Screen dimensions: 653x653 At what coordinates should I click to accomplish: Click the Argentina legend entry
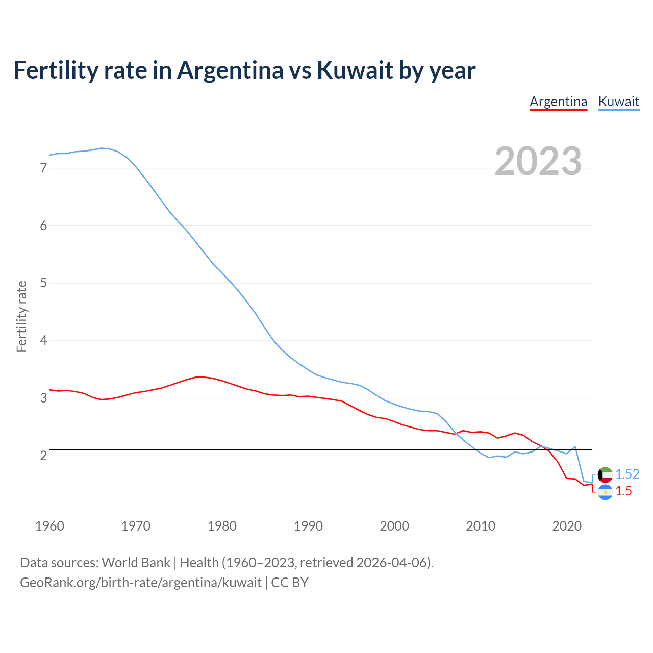click(x=558, y=102)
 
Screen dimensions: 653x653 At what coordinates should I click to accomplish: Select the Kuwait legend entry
click(x=618, y=102)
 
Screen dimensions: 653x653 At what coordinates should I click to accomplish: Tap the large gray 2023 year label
click(x=538, y=161)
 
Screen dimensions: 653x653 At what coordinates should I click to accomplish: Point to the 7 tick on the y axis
click(x=43, y=168)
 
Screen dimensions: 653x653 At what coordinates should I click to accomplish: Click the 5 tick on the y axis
click(x=43, y=283)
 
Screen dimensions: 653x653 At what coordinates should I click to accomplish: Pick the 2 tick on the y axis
click(x=43, y=455)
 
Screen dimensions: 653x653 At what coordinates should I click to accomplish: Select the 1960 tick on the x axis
click(x=49, y=526)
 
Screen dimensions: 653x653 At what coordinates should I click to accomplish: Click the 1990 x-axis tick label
click(x=308, y=526)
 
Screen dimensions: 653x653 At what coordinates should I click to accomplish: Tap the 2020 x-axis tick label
click(x=567, y=526)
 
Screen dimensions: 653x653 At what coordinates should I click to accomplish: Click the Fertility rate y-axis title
click(x=21, y=316)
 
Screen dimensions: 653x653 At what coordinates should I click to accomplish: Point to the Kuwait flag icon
click(x=605, y=474)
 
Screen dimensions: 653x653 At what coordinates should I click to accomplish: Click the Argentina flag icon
click(x=605, y=492)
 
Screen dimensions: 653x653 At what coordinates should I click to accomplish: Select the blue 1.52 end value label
click(x=627, y=474)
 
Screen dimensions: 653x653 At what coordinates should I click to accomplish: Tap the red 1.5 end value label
click(x=623, y=491)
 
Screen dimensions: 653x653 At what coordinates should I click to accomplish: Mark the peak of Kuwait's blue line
click(x=101, y=148)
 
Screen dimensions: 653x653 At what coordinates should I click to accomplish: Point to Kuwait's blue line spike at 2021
click(x=575, y=446)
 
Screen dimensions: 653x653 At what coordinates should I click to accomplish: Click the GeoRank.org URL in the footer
click(x=141, y=583)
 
